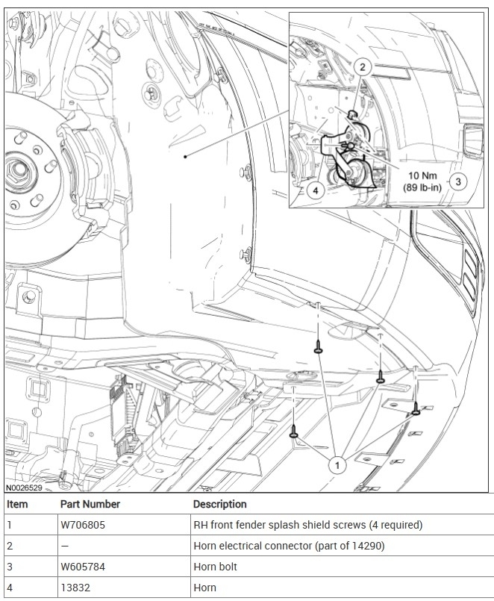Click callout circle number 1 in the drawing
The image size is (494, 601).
click(x=337, y=464)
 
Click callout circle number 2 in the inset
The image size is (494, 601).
click(x=362, y=67)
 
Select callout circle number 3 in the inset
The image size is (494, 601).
click(x=459, y=180)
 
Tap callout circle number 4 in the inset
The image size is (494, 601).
click(x=316, y=190)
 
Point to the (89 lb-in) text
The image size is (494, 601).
click(x=422, y=187)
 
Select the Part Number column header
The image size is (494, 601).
click(x=90, y=504)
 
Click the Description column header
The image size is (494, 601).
click(x=219, y=504)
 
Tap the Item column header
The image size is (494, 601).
click(x=16, y=504)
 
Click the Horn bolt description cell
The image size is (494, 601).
click(x=215, y=567)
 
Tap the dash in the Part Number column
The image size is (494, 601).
click(x=64, y=546)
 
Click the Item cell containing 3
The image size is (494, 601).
click(x=10, y=567)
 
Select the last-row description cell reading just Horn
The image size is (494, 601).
click(x=204, y=588)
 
